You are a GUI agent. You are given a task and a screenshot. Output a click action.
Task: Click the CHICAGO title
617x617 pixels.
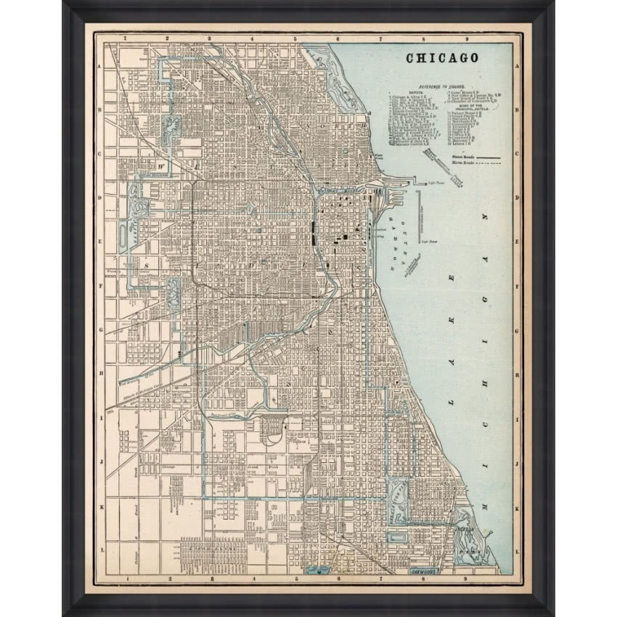click(x=441, y=58)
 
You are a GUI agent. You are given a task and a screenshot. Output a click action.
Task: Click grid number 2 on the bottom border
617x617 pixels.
click(x=168, y=579)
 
